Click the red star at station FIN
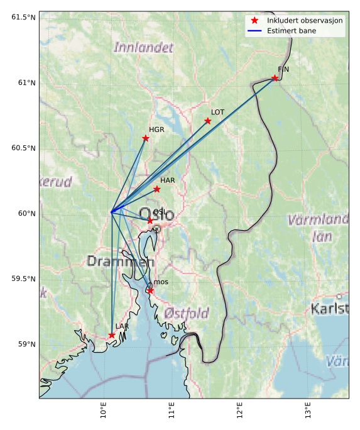[275, 78]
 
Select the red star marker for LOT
[208, 121]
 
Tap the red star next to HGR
[146, 138]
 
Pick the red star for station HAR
[157, 189]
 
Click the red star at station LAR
[112, 335]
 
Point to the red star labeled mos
[150, 290]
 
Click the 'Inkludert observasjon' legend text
[305, 20]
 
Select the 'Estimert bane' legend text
[292, 30]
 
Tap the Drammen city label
[120, 261]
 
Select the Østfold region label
[187, 312]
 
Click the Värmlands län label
[318, 228]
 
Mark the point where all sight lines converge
[111, 212]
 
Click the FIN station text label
[283, 69]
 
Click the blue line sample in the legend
[256, 30]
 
